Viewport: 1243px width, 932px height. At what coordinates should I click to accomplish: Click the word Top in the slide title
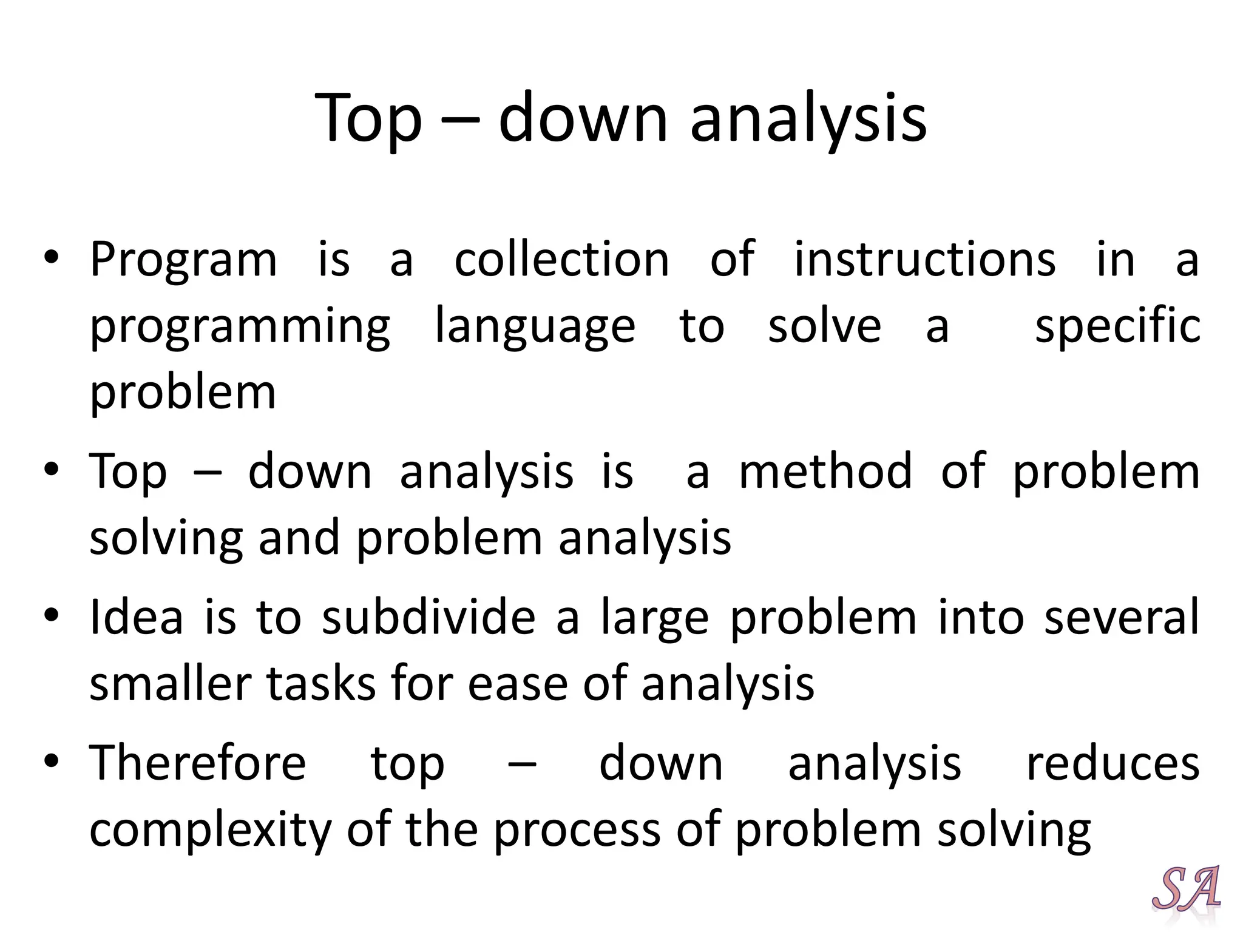368,118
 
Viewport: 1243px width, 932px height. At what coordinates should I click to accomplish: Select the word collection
561,260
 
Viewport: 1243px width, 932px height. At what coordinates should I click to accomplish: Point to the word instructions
925,260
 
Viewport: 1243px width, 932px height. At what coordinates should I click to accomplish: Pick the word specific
1117,326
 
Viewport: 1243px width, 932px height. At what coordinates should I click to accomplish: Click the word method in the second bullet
825,471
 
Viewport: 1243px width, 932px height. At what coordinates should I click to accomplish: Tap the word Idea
136,617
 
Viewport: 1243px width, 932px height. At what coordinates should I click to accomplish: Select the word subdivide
428,617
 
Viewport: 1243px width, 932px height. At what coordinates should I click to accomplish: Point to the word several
1122,617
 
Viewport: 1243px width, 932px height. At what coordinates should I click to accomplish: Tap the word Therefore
198,763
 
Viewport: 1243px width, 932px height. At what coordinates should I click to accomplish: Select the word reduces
1113,764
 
